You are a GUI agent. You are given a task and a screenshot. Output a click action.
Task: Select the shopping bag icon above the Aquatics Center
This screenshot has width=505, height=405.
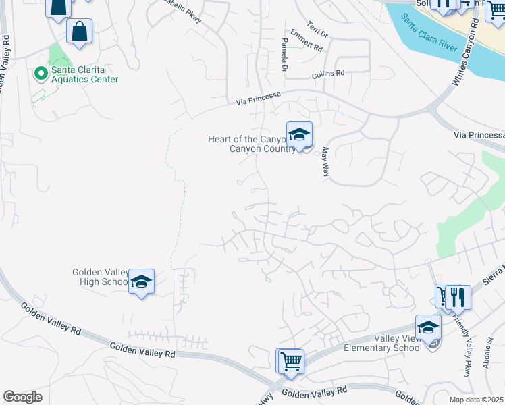(x=79, y=32)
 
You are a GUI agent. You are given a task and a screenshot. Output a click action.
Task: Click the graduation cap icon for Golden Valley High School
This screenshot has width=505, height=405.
(x=141, y=281)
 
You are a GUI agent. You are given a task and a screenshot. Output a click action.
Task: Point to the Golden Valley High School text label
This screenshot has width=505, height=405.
(x=100, y=277)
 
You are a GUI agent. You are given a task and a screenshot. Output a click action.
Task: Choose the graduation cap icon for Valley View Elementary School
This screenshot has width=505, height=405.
(x=428, y=328)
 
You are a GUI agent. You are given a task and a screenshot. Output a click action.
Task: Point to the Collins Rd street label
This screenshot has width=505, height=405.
(x=328, y=74)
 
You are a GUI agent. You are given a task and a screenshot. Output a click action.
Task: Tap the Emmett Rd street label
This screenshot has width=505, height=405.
(x=307, y=41)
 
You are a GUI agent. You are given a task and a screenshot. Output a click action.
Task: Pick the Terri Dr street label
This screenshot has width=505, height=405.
(x=317, y=29)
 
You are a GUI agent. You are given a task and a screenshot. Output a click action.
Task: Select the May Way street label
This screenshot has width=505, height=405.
(x=326, y=162)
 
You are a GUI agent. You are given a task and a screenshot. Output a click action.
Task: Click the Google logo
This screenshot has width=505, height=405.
(x=22, y=397)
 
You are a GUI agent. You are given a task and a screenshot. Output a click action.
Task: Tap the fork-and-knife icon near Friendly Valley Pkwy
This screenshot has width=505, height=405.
(x=458, y=297)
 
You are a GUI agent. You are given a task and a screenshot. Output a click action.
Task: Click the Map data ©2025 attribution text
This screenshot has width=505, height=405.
(x=477, y=400)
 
